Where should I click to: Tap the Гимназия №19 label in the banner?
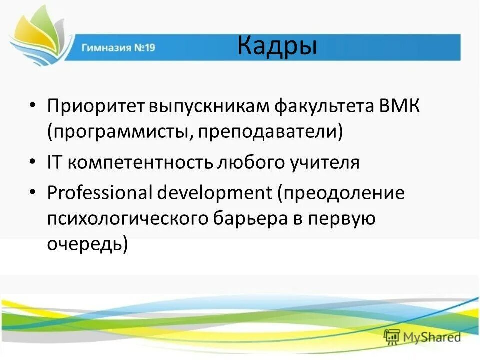coord(118,48)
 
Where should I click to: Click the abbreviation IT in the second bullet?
coord(54,163)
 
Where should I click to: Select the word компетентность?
coord(139,163)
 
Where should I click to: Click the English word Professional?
coord(100,192)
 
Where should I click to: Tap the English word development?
coord(213,192)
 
